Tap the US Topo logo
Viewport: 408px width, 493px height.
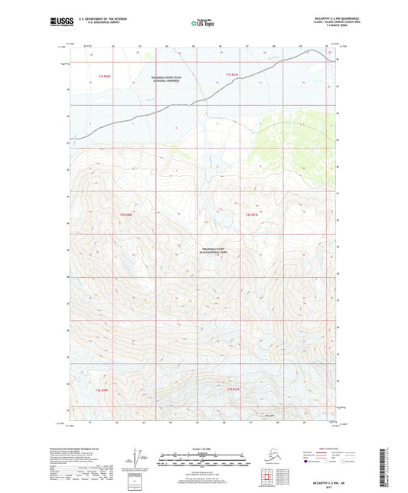coord(203,24)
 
